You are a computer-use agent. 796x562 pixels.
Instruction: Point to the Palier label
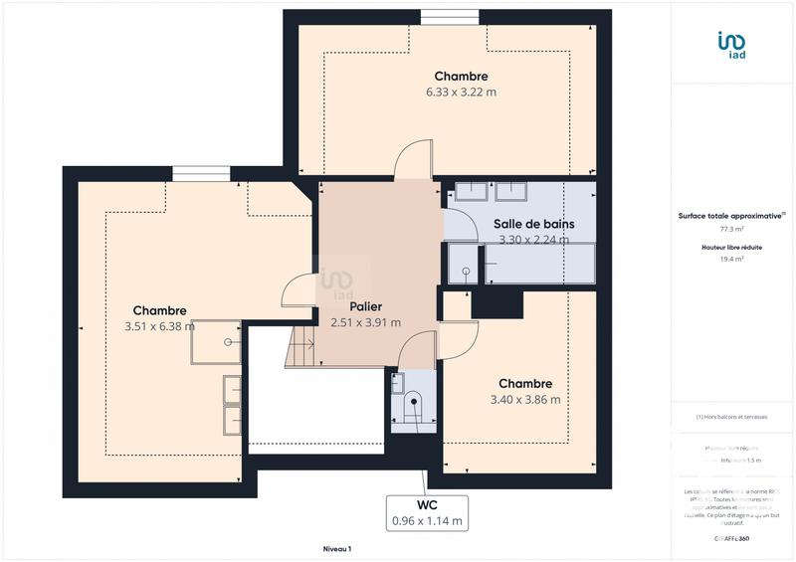coord(365,306)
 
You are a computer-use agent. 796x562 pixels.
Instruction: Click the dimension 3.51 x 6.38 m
coord(159,326)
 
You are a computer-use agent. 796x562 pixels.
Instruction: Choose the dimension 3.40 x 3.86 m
coord(525,400)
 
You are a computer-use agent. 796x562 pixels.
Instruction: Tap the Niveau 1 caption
coord(337,549)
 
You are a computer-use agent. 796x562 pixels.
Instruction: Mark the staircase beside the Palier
coord(299,348)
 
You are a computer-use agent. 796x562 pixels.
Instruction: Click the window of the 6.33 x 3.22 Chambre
coord(449,15)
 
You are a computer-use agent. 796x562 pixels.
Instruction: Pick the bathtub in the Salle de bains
coord(538,265)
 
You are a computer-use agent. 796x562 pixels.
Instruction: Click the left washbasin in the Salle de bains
coord(468,190)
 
